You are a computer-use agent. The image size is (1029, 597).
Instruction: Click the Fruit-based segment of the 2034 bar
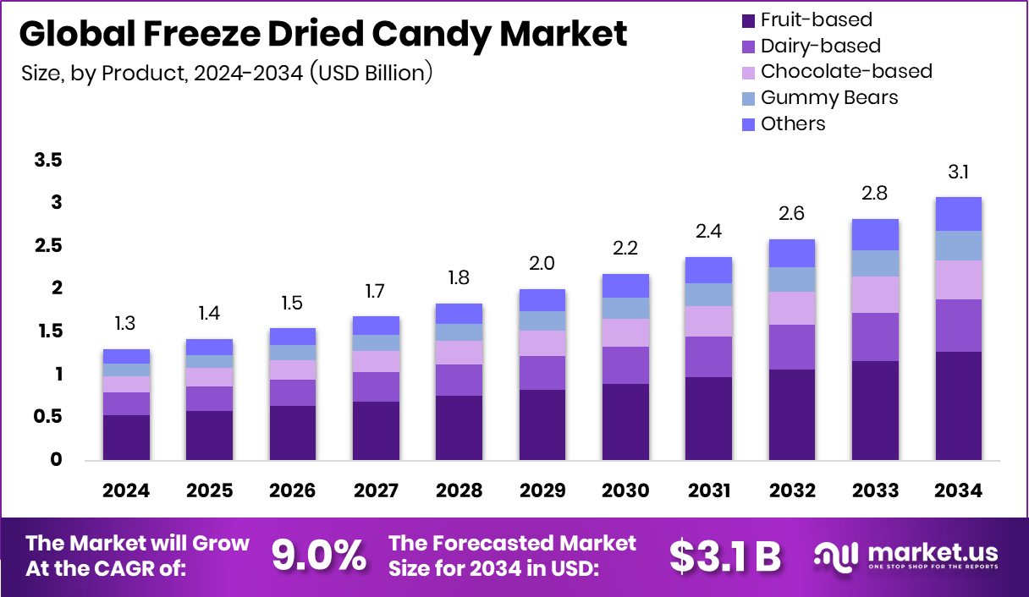(958, 405)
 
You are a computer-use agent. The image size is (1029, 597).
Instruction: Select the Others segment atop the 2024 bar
(126, 356)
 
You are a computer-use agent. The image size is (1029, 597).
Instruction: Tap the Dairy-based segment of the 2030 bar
(625, 364)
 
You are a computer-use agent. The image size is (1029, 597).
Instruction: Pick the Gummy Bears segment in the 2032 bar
(791, 279)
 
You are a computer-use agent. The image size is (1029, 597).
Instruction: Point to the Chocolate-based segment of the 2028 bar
(459, 352)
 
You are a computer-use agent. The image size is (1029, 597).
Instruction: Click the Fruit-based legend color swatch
(746, 19)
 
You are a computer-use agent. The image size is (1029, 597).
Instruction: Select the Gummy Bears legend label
(828, 97)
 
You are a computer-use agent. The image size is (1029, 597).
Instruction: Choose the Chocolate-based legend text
(845, 71)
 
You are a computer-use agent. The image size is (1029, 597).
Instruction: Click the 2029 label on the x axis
(542, 491)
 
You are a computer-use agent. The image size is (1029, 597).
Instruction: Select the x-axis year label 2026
(292, 491)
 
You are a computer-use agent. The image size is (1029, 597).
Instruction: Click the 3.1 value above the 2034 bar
(958, 173)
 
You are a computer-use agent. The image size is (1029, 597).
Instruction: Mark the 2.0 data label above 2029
(542, 264)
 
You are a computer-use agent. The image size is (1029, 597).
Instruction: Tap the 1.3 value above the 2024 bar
(126, 325)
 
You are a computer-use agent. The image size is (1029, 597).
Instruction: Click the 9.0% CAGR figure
(319, 556)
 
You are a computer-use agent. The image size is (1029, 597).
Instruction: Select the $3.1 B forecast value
(725, 556)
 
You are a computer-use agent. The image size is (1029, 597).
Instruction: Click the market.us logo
(905, 556)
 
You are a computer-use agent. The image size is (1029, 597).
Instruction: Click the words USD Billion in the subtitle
(371, 73)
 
